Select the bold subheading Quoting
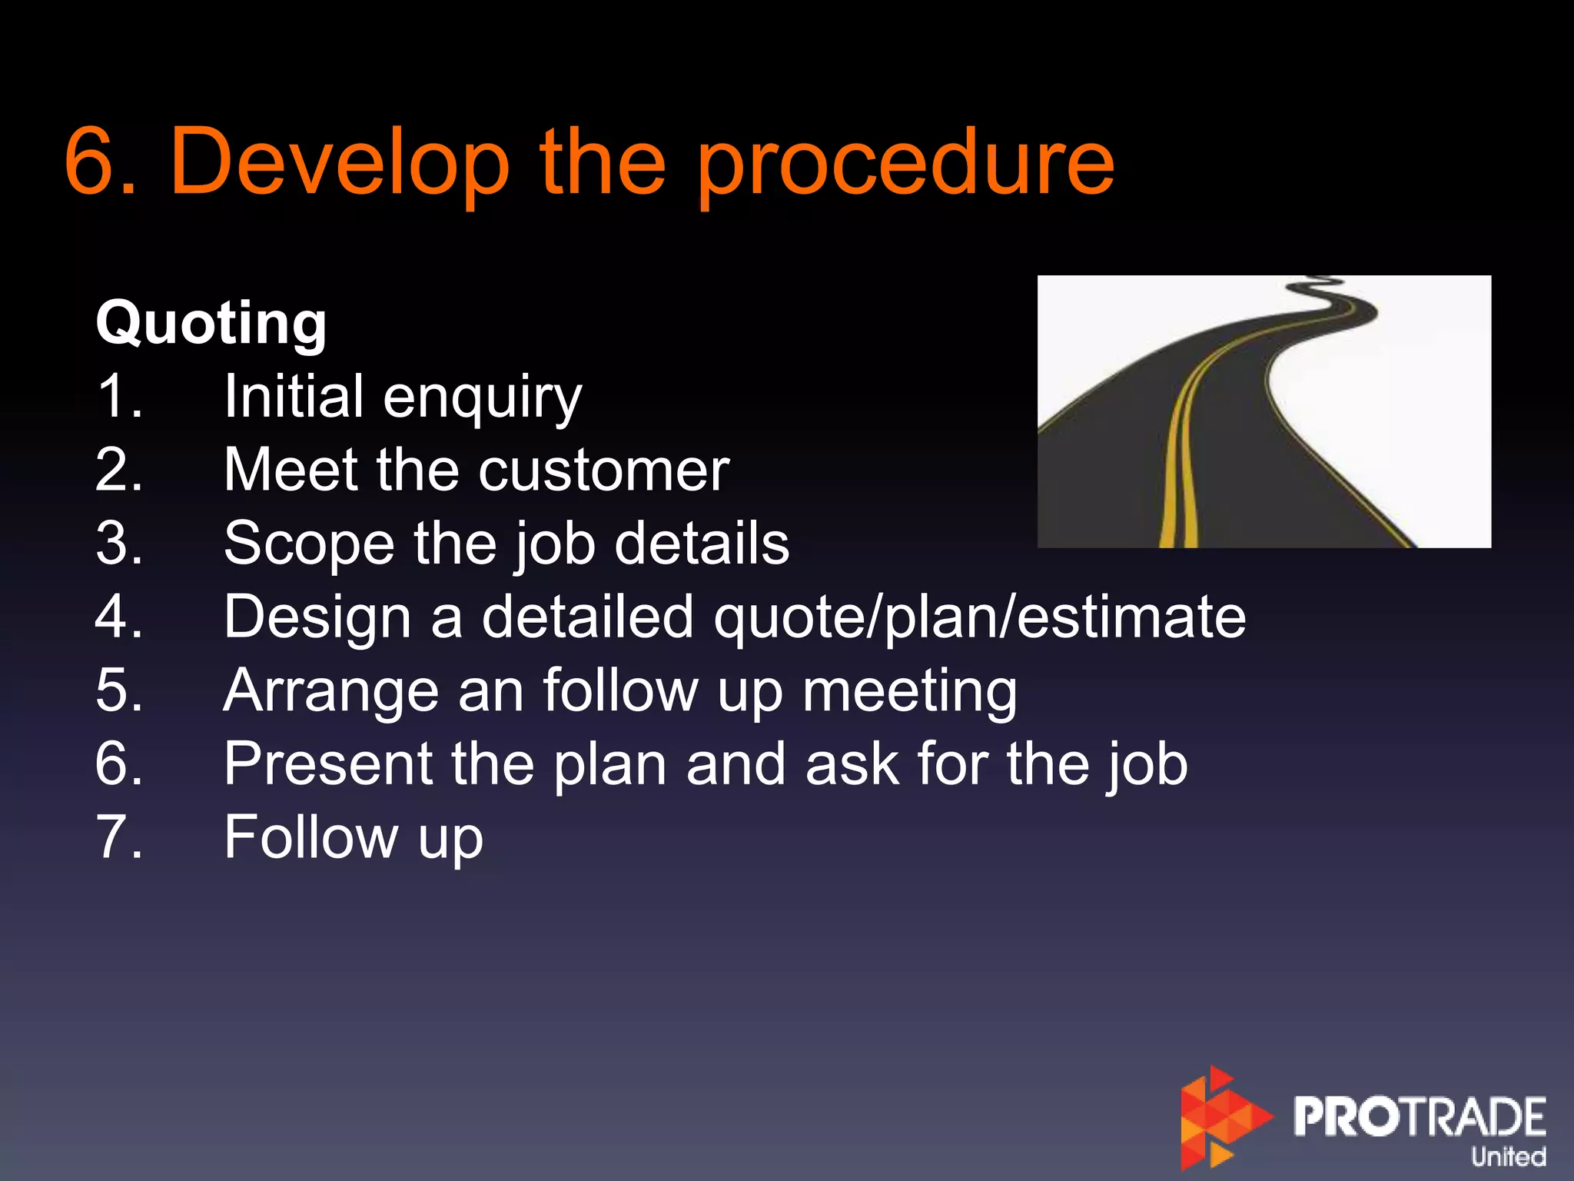coord(211,323)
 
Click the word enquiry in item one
coord(482,398)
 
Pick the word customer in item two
coord(603,470)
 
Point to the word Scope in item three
coord(309,544)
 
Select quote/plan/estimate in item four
coord(979,617)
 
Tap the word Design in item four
coord(317,617)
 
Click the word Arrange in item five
coord(330,690)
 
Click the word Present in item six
coord(328,764)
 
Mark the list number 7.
coord(119,837)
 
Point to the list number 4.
coord(119,617)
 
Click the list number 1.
coord(119,397)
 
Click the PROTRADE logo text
coord(1419,1116)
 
